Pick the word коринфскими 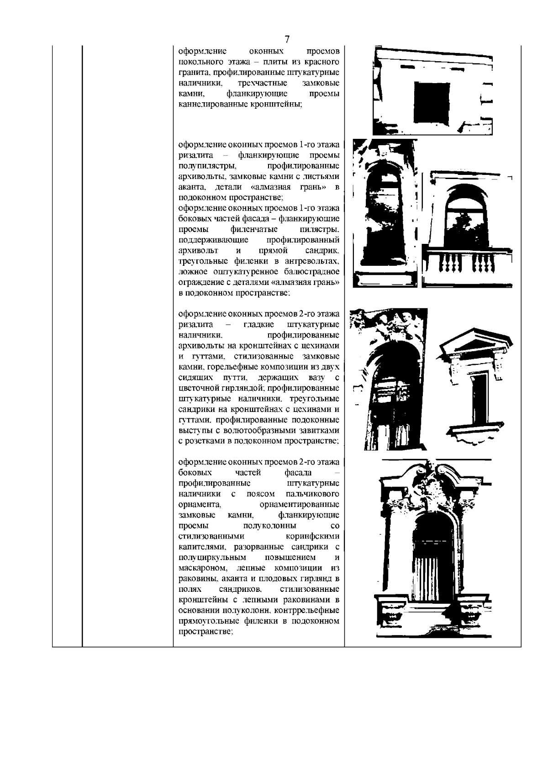pos(315,536)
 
